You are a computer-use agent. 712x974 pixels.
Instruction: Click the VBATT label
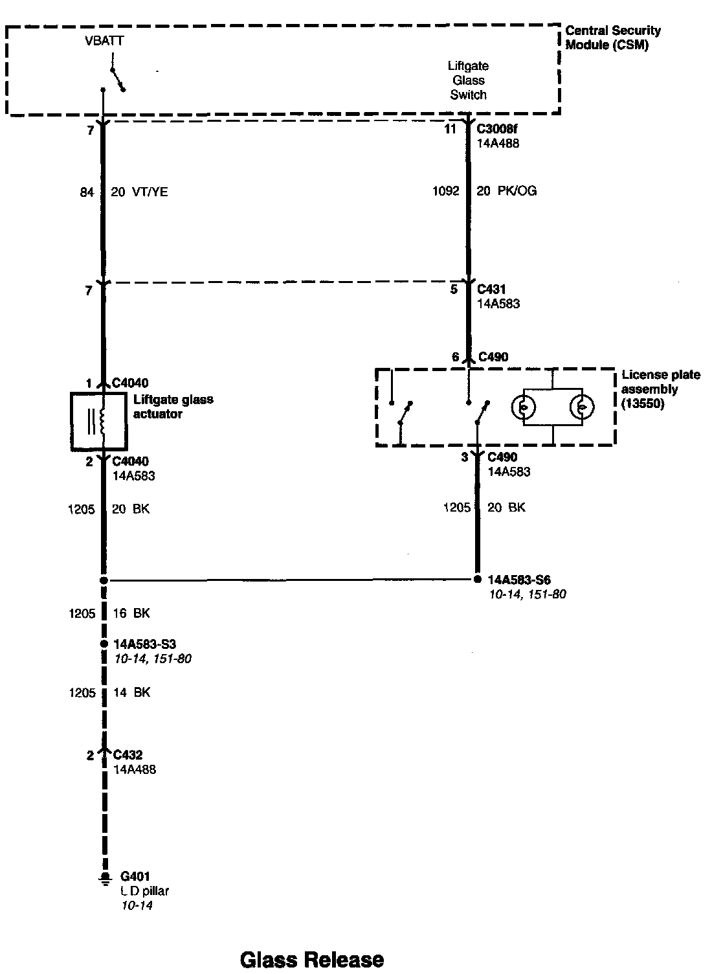[x=104, y=41]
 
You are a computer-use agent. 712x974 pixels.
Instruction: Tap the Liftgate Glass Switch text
[x=468, y=80]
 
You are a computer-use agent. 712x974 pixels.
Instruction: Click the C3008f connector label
[x=497, y=129]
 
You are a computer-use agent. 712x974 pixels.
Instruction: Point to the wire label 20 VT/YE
[x=140, y=192]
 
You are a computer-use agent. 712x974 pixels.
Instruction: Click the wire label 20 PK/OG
[x=506, y=191]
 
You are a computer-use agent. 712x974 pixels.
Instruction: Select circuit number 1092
[x=445, y=191]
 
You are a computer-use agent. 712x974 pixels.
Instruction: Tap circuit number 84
[x=87, y=192]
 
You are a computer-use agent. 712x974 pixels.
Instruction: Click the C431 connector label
[x=491, y=289]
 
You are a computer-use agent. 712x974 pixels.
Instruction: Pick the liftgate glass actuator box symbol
[x=99, y=421]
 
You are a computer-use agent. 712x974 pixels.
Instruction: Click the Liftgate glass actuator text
[x=173, y=407]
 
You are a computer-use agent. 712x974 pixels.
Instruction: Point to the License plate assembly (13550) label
[x=660, y=389]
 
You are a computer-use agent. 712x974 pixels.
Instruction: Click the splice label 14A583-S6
[x=519, y=580]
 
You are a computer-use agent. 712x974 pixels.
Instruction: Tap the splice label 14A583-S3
[x=144, y=644]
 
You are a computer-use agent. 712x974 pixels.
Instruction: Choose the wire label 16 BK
[x=131, y=613]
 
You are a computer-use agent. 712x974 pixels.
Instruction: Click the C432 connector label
[x=128, y=754]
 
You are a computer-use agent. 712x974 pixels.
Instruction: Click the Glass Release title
[x=311, y=959]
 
